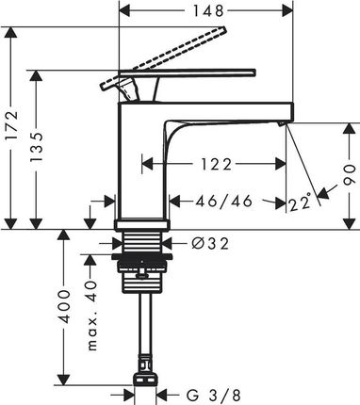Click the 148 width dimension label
click(207, 11)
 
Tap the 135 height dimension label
click(37, 147)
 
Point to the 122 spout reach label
click(217, 164)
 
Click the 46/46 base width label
click(224, 202)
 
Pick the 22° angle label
click(300, 202)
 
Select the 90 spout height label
click(350, 175)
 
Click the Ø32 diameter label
click(210, 243)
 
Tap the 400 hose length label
click(65, 307)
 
